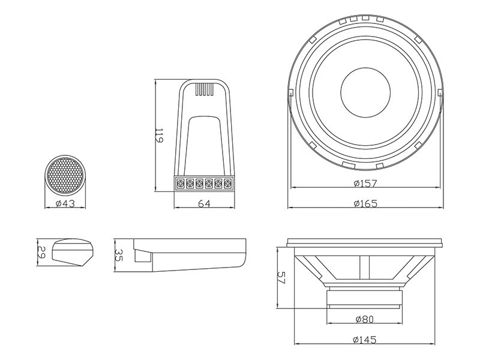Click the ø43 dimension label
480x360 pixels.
tap(65, 203)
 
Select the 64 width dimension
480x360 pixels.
tap(204, 204)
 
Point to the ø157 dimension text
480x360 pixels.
tap(365, 184)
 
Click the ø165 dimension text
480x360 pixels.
tap(365, 203)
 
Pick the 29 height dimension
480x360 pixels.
tap(41, 252)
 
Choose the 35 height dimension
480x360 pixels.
tap(118, 255)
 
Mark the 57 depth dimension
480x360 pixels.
tap(281, 278)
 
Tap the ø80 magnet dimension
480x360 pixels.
tap(365, 319)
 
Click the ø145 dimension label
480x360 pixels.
tap(364, 340)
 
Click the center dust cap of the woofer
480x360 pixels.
tap(365, 92)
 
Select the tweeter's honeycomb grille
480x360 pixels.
tap(65, 175)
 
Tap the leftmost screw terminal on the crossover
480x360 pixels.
tap(181, 184)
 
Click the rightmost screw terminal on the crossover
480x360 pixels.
tap(227, 184)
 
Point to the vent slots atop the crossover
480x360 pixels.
tap(204, 89)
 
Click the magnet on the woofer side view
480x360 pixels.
tap(364, 298)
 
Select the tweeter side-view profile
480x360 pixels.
tap(72, 252)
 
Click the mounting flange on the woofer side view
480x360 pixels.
tap(364, 242)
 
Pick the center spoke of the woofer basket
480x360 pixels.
tap(365, 267)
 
